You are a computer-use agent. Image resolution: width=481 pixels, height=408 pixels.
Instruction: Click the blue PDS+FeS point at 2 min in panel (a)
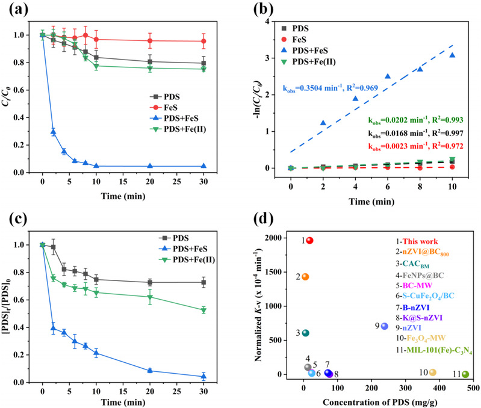coord(53,132)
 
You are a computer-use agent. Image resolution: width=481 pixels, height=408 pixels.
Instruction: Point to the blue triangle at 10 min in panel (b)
coord(452,55)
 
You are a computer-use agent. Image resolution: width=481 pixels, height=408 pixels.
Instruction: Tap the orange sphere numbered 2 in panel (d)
coord(305,277)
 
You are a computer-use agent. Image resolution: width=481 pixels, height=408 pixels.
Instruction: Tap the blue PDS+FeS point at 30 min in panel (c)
coord(204,377)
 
